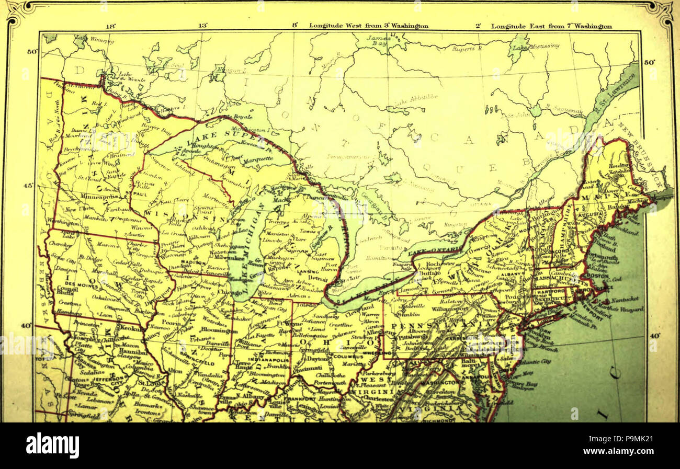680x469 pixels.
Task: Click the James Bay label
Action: pyautogui.click(x=378, y=41)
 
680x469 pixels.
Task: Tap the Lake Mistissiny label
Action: pyautogui.click(x=536, y=47)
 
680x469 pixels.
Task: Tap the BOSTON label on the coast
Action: pyautogui.click(x=598, y=276)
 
